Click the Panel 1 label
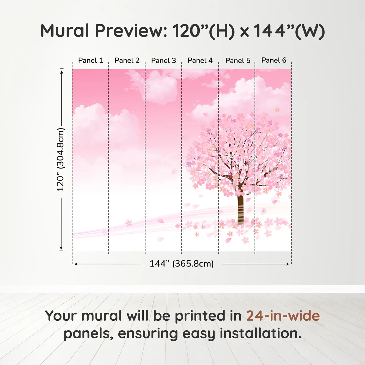(x=90, y=60)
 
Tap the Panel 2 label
(x=127, y=60)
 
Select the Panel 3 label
(x=163, y=60)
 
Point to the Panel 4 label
(x=200, y=60)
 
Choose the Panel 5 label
(x=238, y=60)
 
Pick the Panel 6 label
(x=274, y=60)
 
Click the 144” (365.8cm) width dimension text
(x=181, y=264)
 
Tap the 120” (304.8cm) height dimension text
(x=60, y=160)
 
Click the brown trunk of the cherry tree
(x=240, y=209)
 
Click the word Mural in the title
(x=65, y=31)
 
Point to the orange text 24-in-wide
(x=283, y=316)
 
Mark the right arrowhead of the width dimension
(x=288, y=264)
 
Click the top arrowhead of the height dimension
(x=62, y=72)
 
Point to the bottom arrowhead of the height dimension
(x=61, y=248)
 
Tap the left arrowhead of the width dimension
(x=76, y=264)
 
